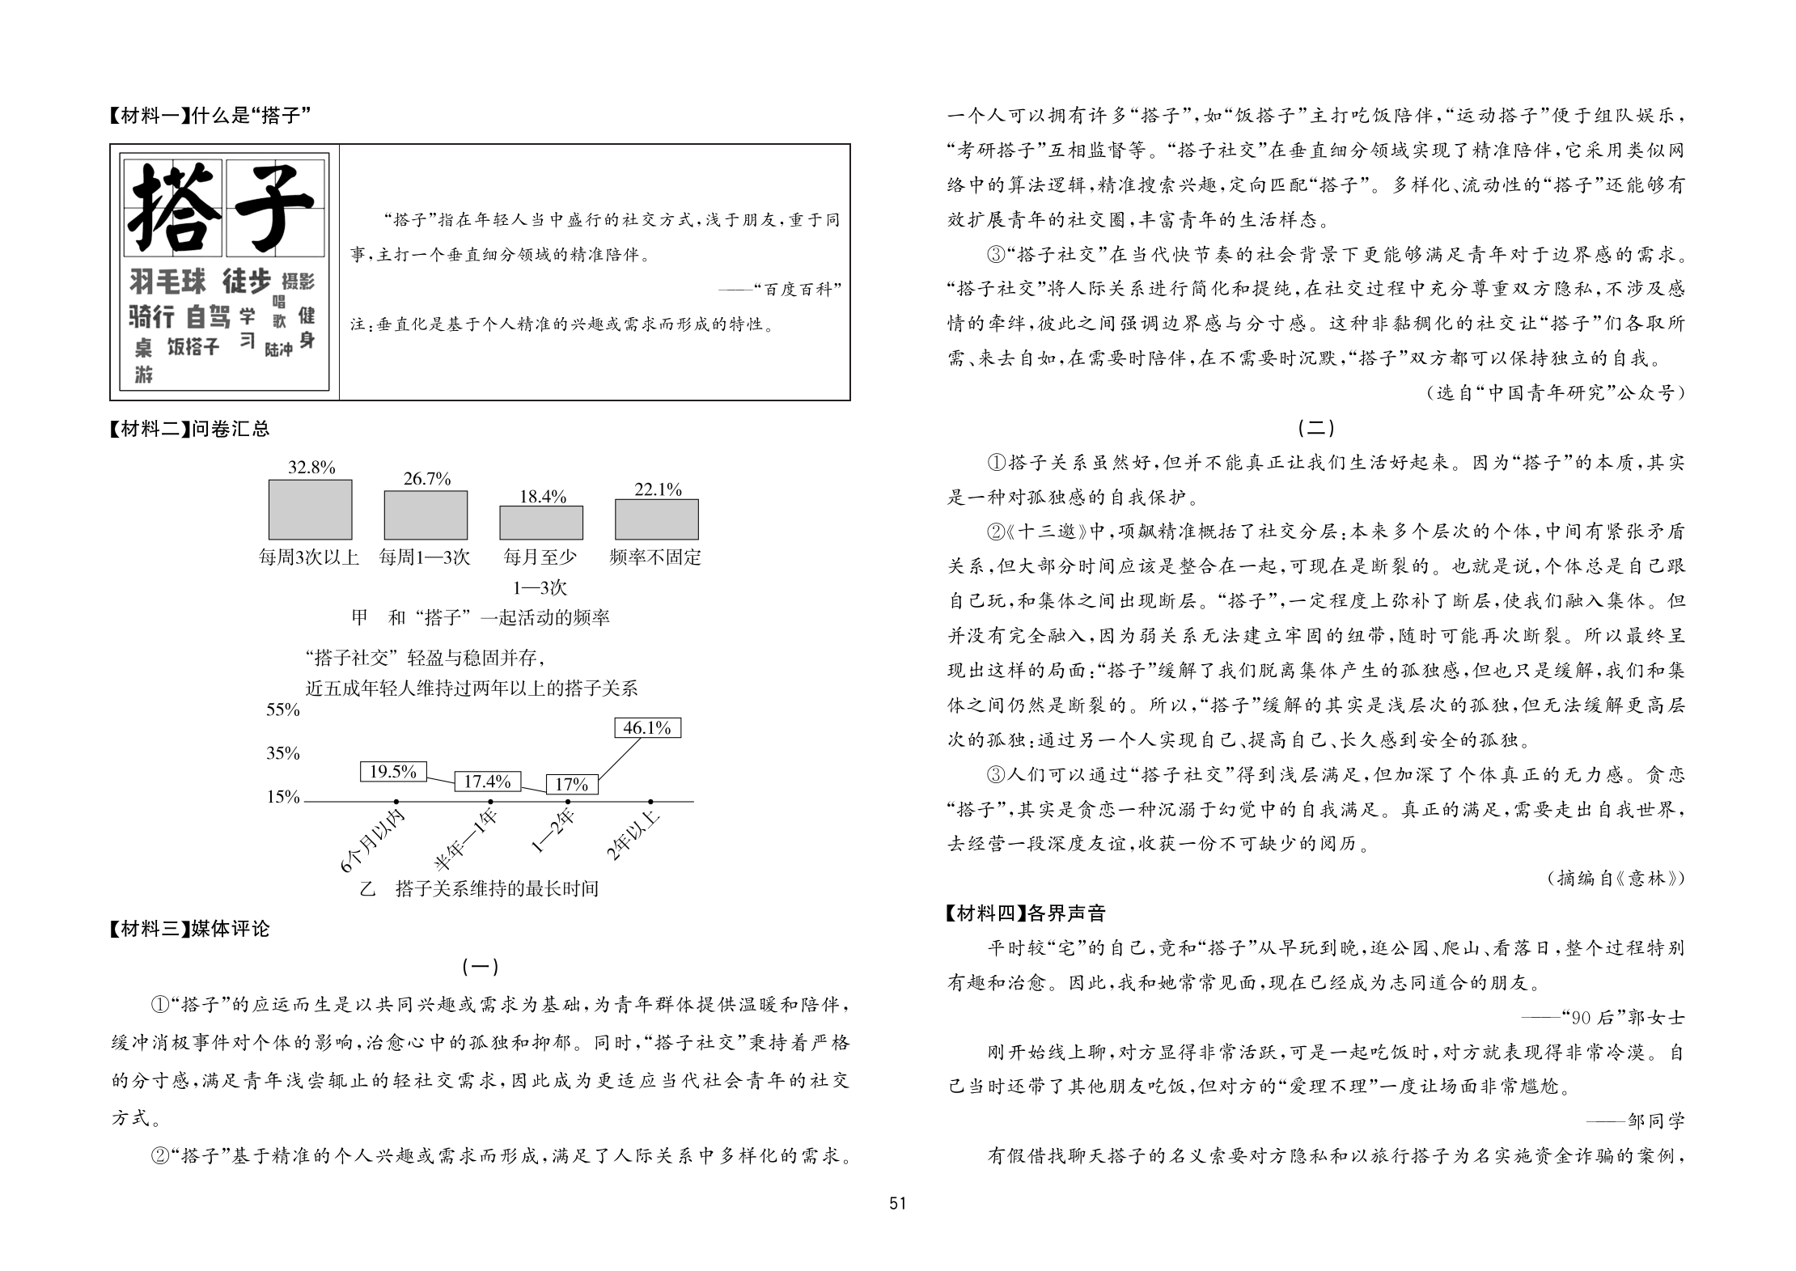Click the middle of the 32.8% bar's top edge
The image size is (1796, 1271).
[x=310, y=481]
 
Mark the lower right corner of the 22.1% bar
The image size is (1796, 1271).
[x=698, y=540]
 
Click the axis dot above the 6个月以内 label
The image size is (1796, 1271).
[x=396, y=801]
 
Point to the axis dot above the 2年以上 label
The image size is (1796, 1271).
[x=651, y=801]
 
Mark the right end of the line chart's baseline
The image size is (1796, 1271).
[x=694, y=801]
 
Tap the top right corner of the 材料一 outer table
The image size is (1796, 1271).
[x=850, y=145]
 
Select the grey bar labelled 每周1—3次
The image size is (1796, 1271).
[x=426, y=515]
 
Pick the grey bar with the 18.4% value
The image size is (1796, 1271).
[x=541, y=523]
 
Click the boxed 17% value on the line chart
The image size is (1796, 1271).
[x=572, y=784]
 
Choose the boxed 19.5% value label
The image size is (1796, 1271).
[x=393, y=772]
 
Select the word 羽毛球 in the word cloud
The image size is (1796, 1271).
[x=168, y=282]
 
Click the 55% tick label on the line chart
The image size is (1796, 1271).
[x=283, y=710]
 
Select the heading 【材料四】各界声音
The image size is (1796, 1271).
[x=1025, y=913]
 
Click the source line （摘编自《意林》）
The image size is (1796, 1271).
[x=1616, y=878]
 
